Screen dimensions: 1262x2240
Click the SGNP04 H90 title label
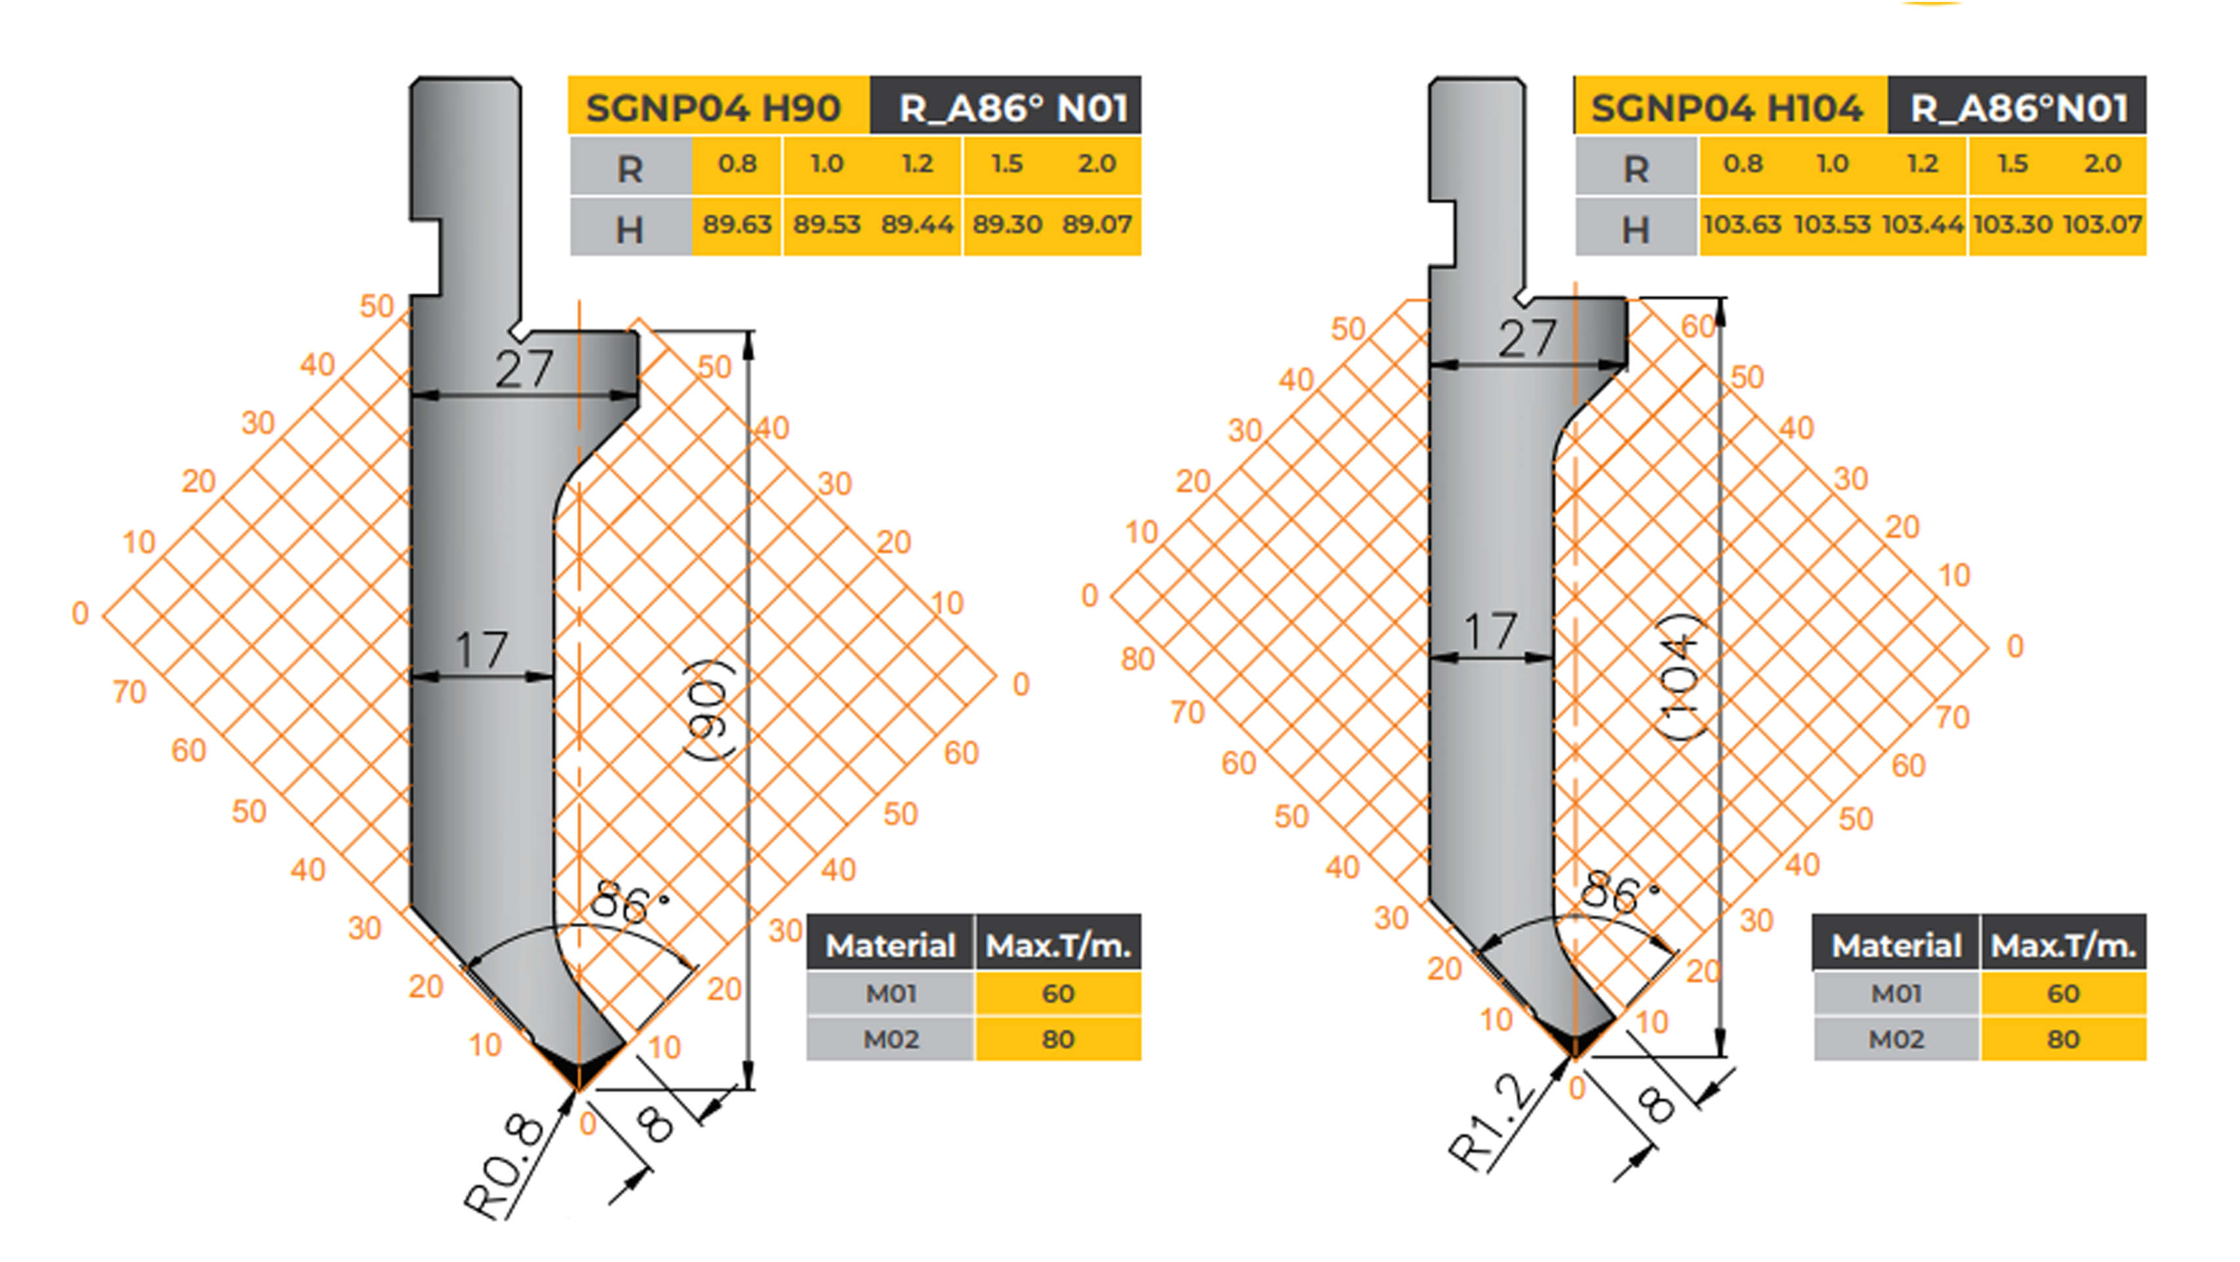tap(713, 108)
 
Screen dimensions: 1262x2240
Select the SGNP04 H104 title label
tap(1726, 108)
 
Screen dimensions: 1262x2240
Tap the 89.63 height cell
tap(737, 224)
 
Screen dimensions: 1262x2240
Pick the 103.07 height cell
tap(2102, 224)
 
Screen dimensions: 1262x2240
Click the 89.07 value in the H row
tap(1097, 224)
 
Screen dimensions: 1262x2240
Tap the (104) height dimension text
tap(1680, 676)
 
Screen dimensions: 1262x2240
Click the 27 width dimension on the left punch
tap(524, 369)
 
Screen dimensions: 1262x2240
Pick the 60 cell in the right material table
tap(2063, 993)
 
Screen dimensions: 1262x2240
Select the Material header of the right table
tap(1896, 945)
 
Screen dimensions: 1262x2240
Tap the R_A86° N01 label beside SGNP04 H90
tap(1013, 108)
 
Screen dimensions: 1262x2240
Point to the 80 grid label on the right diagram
tap(1137, 659)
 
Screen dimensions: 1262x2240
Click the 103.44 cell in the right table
tap(1922, 224)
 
